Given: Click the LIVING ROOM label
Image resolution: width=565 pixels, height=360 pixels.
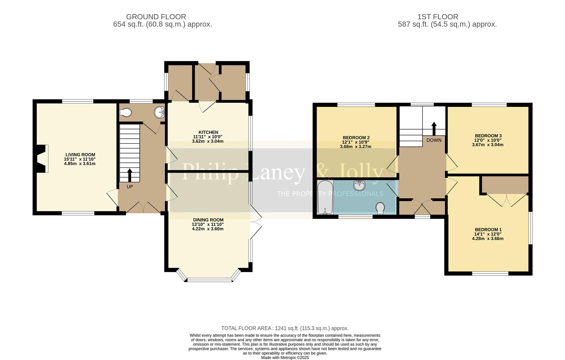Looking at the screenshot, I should (80, 155).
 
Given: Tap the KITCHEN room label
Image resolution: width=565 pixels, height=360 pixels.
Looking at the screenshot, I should (208, 132).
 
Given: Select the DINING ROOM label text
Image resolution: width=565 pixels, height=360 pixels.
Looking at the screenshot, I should (208, 220).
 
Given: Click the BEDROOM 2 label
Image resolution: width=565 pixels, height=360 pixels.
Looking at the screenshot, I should (356, 138).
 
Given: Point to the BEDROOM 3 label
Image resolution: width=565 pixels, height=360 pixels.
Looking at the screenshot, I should (488, 136).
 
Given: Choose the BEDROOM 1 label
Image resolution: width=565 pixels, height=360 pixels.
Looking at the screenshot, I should (488, 230).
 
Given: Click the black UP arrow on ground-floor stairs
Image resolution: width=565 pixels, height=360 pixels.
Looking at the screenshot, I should (129, 175).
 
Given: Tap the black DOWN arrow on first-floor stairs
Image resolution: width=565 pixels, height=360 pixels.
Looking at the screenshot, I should (434, 128).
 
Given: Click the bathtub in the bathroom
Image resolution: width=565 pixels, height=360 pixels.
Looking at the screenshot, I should (325, 197).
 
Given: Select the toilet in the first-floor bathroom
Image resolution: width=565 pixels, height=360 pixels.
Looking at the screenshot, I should (380, 208).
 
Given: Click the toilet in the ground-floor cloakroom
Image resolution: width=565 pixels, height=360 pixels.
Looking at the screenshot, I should (125, 113).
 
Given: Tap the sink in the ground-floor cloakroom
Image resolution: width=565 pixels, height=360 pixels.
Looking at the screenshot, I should (160, 112).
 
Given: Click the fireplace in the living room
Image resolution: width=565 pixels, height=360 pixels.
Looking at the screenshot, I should (41, 159).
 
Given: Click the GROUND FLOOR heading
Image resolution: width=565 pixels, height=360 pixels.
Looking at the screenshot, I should (156, 17).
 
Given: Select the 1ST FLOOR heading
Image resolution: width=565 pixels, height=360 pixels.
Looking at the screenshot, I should (438, 17).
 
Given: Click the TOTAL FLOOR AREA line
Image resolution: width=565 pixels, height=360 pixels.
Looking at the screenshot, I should (285, 328).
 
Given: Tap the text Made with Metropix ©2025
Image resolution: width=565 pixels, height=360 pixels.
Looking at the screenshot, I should (285, 357).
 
